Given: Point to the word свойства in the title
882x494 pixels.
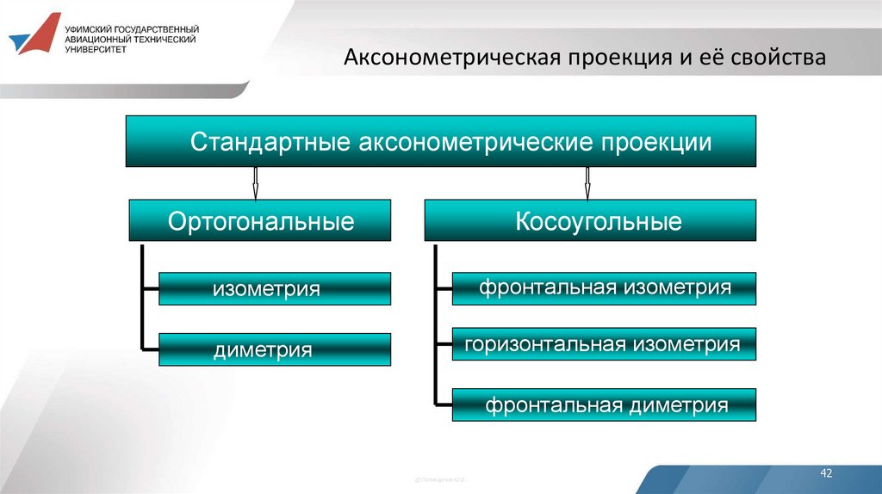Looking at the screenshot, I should [779, 58].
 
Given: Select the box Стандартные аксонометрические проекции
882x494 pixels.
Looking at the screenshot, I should [441, 141].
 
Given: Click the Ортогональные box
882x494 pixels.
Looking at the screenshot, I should [260, 221].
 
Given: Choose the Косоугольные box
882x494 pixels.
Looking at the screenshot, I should [590, 221].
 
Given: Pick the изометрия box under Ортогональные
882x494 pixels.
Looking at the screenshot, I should [274, 289].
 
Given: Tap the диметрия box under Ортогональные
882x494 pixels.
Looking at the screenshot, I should [274, 350].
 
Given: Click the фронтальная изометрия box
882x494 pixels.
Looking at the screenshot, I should [604, 288].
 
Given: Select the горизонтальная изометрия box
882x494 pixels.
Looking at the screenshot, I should [604, 344].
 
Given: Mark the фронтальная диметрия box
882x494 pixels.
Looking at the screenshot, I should [604, 404].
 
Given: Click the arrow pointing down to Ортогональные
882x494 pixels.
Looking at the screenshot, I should [255, 182].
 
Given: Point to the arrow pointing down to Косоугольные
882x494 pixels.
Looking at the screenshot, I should [587, 182].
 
